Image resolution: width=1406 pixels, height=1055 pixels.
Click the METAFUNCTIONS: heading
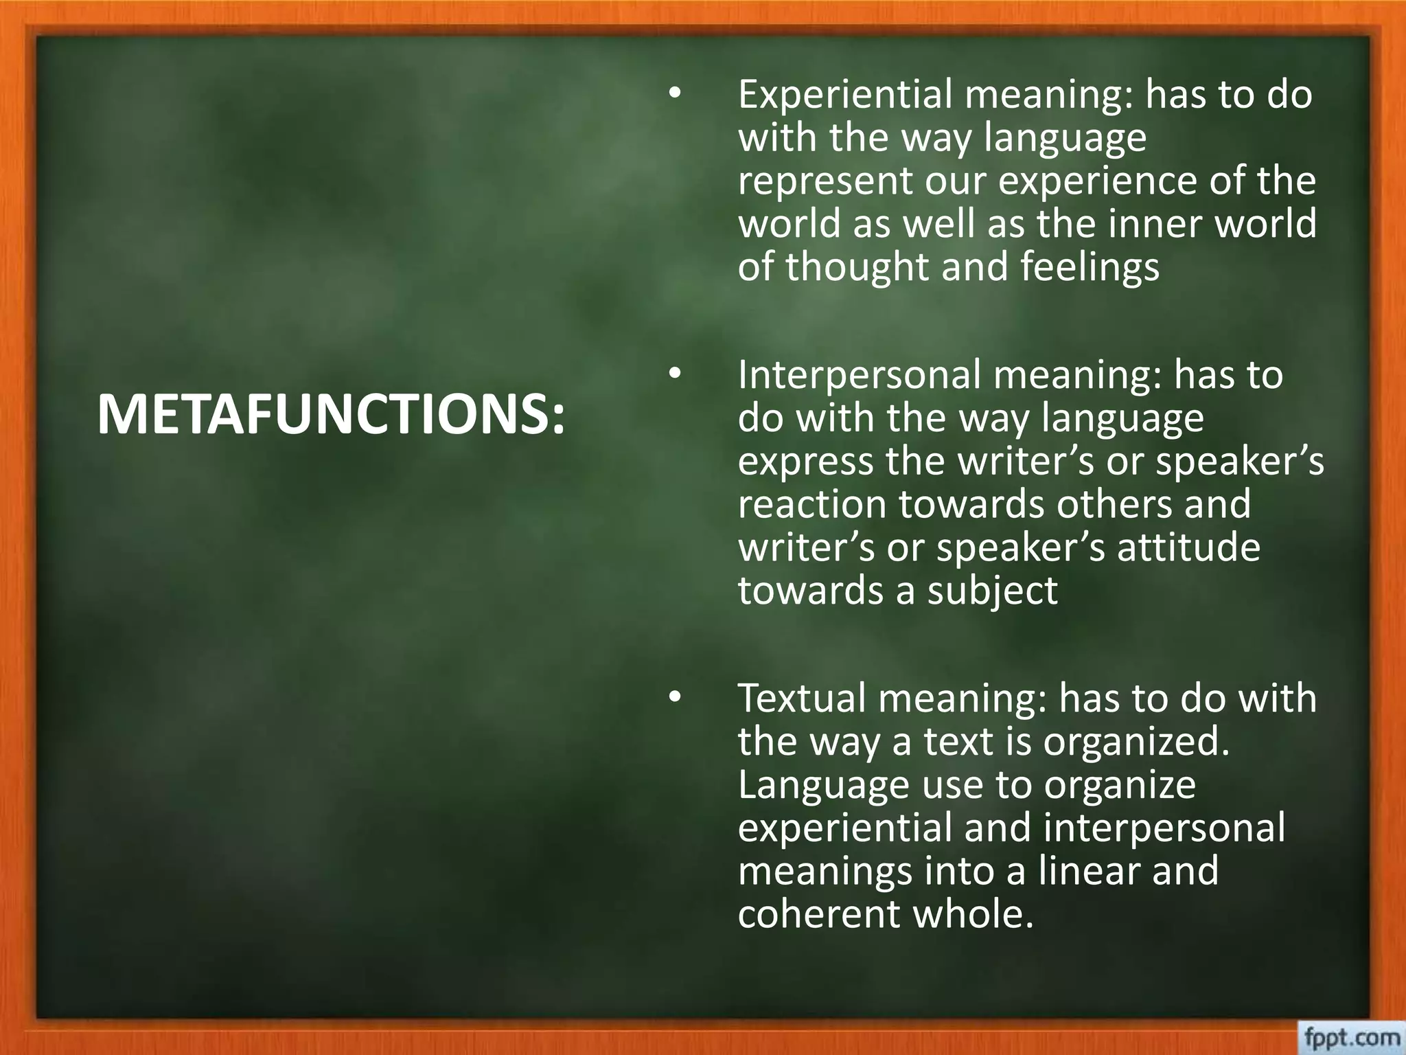(x=332, y=416)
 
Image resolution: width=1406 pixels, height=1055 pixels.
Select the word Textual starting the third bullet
(x=801, y=698)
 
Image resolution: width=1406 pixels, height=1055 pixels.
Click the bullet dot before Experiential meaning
(x=675, y=95)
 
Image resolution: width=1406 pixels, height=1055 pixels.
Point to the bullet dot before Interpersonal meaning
(x=675, y=375)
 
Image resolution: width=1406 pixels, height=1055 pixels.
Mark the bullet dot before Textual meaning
(x=675, y=698)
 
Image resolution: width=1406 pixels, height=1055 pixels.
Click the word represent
(x=825, y=181)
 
